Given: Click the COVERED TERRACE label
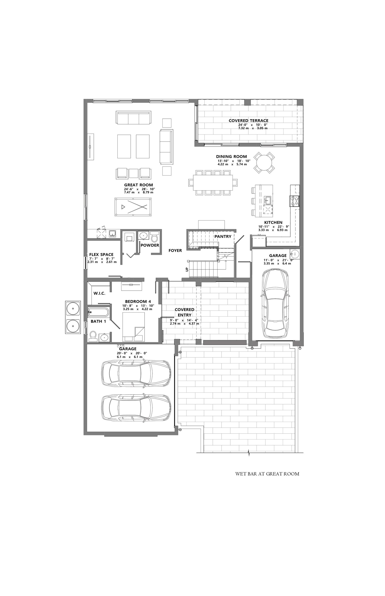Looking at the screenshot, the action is [248, 121].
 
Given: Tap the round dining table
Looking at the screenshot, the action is [264, 163].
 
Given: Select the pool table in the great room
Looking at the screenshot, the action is [133, 207].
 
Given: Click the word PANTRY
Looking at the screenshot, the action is [223, 237].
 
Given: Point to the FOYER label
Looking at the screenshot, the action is [175, 251].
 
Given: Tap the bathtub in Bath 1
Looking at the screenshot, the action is [98, 312].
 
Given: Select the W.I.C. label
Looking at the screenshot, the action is [99, 293].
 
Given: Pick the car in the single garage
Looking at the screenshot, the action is [275, 303].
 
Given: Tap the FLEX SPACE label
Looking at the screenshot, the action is [101, 254].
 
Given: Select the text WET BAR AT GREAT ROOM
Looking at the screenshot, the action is [267, 474].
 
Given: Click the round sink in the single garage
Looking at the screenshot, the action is [295, 254].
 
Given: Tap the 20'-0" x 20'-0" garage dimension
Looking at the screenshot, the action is [132, 353].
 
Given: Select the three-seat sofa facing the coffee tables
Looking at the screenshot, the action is [133, 117].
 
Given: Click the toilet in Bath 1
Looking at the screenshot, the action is [93, 336].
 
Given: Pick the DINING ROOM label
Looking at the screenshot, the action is [231, 157].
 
